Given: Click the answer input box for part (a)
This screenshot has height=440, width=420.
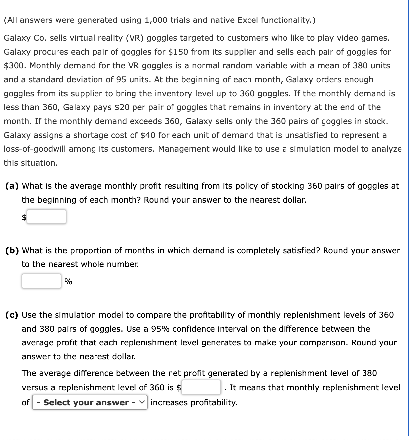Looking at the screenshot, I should (46, 217).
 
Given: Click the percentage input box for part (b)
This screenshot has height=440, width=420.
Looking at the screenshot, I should (41, 281).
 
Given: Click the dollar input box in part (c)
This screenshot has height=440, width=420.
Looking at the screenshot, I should (201, 387).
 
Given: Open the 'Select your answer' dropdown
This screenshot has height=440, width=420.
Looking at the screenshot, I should (90, 402).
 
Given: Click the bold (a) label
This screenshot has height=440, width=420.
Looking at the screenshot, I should (12, 186).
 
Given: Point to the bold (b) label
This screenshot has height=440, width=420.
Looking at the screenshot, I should (12, 251).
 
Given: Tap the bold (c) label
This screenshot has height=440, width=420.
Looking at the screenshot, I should (12, 315).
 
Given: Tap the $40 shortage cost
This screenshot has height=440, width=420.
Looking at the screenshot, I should (148, 135).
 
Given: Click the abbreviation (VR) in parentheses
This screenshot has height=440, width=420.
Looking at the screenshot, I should (134, 38).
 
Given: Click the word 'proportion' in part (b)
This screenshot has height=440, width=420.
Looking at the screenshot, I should (91, 251).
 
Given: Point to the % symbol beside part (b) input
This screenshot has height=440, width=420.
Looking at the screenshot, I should (68, 282).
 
